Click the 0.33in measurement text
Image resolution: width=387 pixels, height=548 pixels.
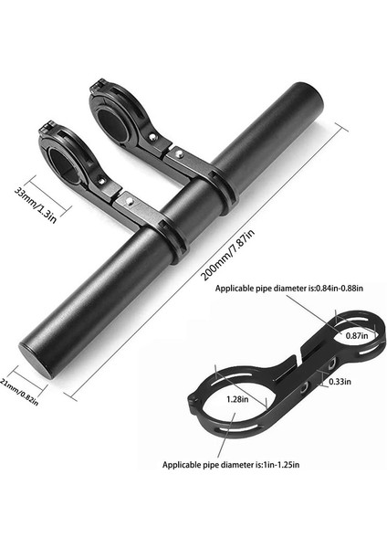coord(339,381)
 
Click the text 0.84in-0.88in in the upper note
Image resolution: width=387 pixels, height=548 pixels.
coord(332,288)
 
